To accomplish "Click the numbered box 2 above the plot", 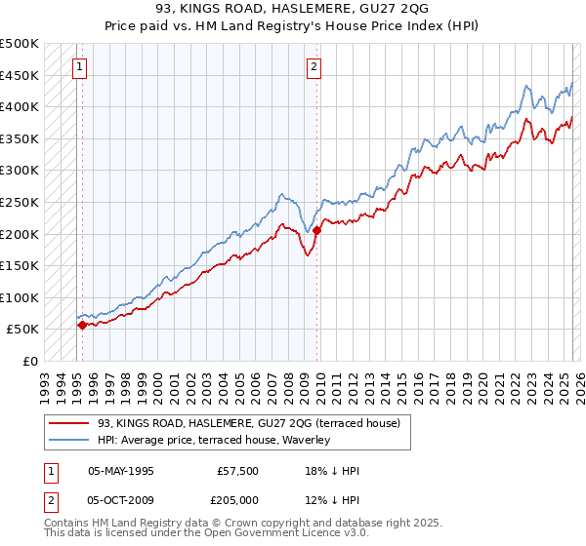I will tap(314, 67).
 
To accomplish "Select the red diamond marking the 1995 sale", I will tap(82, 325).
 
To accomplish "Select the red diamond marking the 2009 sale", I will tap(317, 231).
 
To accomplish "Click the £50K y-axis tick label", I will tap(23, 330).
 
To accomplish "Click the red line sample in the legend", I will tap(67, 423).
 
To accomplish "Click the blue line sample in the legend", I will tap(67, 440).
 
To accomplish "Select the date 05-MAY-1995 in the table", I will tap(121, 471).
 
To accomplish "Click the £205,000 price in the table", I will tap(238, 500).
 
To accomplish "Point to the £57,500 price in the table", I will tap(238, 471).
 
